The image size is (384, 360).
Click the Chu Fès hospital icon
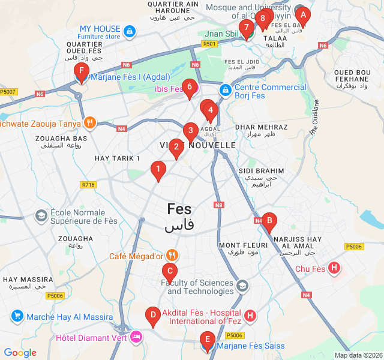tap(335, 268)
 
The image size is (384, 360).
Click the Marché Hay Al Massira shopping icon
tap(17, 316)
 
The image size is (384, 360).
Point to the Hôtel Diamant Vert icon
tap(136, 337)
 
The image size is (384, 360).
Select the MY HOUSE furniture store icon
tap(129, 29)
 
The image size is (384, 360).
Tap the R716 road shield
tap(88, 185)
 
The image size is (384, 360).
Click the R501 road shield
tap(209, 44)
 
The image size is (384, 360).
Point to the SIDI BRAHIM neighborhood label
tap(261, 171)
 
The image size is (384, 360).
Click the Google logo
tap(20, 353)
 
